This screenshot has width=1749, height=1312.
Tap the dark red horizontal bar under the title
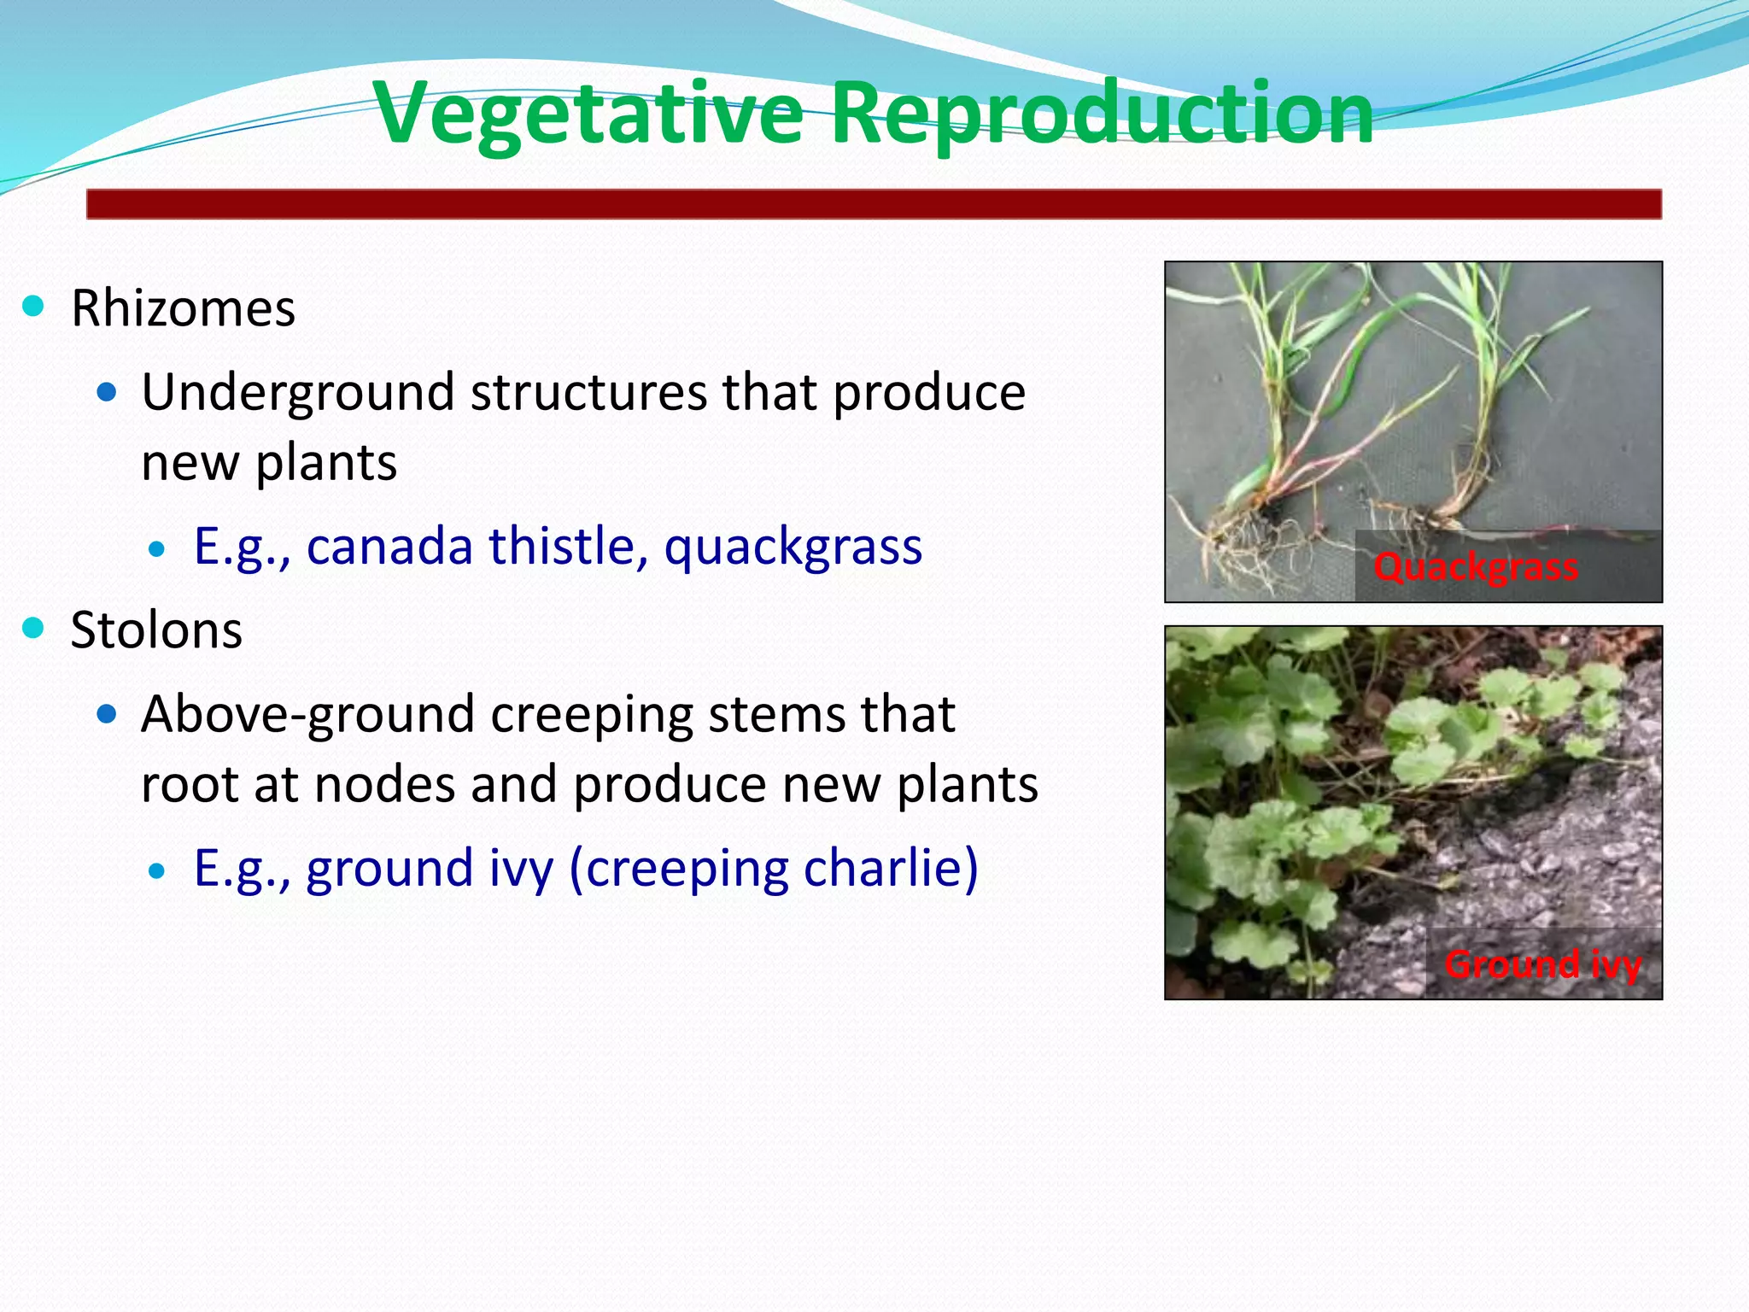tap(874, 205)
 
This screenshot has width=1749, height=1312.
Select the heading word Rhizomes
tap(183, 308)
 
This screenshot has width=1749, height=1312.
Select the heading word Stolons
tap(156, 630)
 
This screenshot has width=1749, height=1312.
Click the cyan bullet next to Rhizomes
tap(33, 306)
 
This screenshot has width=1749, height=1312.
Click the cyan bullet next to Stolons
tap(33, 628)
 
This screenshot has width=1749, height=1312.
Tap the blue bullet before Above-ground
tap(107, 714)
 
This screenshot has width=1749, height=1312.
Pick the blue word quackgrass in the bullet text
tap(793, 548)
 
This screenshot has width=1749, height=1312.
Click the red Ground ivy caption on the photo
tap(1542, 965)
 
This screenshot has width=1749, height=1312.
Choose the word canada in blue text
tap(389, 546)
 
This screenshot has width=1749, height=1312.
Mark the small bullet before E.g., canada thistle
tap(156, 549)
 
